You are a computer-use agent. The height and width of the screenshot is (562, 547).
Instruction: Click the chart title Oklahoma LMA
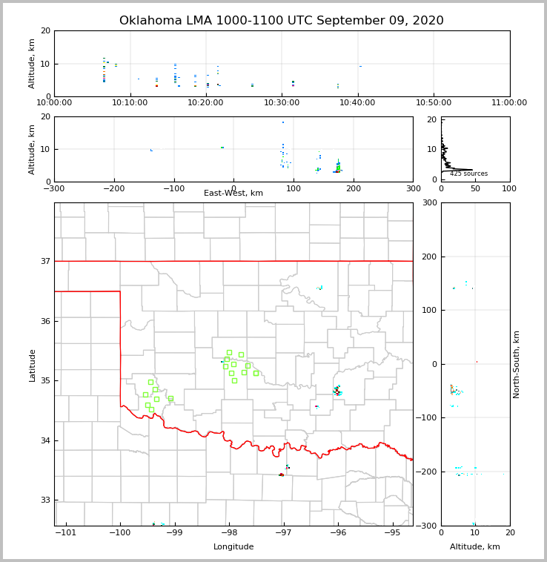(x=282, y=21)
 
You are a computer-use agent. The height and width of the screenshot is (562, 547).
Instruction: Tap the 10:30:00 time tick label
(x=282, y=102)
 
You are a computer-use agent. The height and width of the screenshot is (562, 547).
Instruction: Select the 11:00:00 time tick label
(x=509, y=102)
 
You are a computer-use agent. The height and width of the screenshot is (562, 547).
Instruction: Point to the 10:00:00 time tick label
(x=54, y=102)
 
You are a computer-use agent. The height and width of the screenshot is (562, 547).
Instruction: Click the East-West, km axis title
(x=233, y=194)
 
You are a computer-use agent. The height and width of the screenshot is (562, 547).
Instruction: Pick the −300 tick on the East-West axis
(x=54, y=188)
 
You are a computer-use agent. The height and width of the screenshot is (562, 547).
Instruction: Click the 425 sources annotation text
(x=468, y=173)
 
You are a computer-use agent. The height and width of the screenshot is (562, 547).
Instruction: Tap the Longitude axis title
(x=233, y=547)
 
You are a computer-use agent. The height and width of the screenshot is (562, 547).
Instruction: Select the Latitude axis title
(x=33, y=365)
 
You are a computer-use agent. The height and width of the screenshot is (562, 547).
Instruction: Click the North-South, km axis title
(x=517, y=364)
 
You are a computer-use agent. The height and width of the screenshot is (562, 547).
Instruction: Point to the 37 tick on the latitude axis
(x=45, y=261)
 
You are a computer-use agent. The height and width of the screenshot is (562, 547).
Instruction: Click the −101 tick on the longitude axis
(x=66, y=533)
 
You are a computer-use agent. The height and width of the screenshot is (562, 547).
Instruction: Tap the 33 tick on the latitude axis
(x=45, y=500)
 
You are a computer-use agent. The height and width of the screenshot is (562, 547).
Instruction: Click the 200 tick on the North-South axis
(x=429, y=257)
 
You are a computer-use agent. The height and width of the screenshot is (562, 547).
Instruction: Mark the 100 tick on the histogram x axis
(x=509, y=188)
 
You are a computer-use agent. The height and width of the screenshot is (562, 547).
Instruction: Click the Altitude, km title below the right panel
(x=475, y=547)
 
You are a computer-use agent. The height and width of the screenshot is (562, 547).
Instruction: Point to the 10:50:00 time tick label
(x=434, y=102)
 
